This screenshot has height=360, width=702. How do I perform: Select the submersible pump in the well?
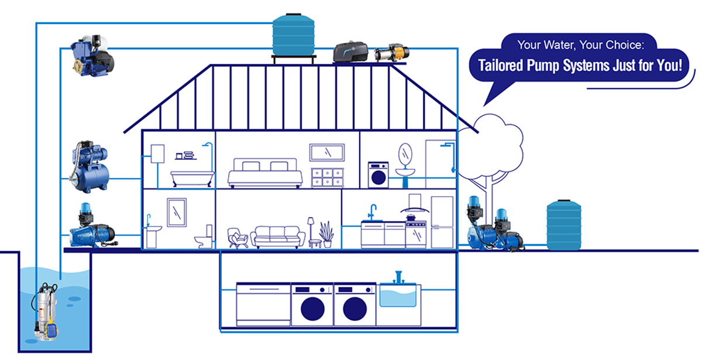(x=46, y=311)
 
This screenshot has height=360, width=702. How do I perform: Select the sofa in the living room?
(x=278, y=236)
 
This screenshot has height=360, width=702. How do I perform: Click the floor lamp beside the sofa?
(x=311, y=231)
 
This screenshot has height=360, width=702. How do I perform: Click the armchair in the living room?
(x=236, y=237)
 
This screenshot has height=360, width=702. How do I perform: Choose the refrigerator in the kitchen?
(x=442, y=221)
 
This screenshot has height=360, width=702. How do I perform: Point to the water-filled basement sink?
(x=400, y=295)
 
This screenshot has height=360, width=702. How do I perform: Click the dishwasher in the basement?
(x=263, y=304)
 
